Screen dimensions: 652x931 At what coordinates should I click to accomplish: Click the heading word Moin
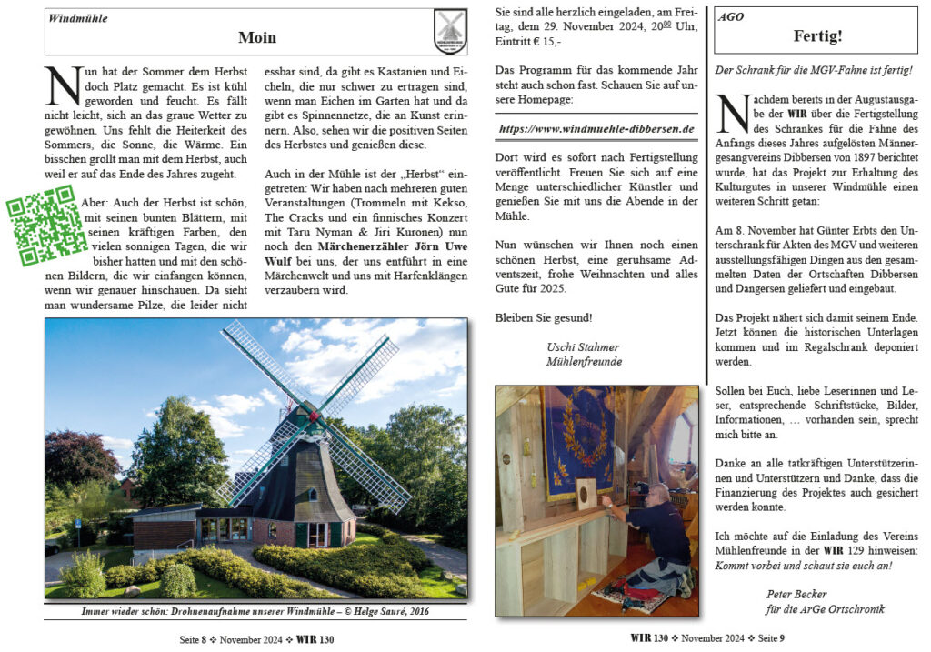coord(257,37)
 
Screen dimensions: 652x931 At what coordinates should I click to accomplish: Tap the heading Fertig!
coord(816,37)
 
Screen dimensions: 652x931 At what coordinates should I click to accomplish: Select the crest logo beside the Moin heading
coord(449,31)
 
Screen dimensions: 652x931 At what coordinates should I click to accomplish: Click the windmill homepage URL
coord(596,130)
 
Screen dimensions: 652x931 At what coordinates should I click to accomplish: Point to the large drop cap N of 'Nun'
coord(63,86)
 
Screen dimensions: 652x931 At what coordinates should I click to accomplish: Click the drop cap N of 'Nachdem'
coord(733,113)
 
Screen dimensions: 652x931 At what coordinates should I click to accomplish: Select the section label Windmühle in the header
coord(78,17)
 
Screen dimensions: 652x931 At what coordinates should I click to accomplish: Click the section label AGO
coord(731,17)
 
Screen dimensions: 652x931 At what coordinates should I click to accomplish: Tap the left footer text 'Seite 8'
coord(196,639)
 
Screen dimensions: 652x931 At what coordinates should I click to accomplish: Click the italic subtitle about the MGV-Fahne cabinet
coord(814,70)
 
